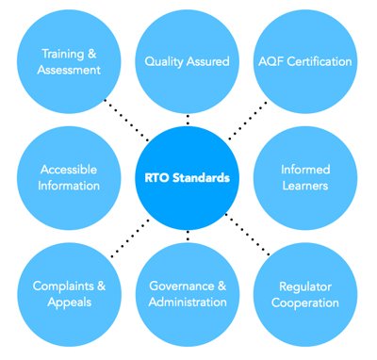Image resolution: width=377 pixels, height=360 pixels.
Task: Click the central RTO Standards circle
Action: click(x=188, y=178)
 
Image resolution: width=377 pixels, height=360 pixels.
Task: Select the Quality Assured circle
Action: click(x=188, y=61)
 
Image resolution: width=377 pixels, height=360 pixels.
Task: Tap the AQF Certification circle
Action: click(x=305, y=61)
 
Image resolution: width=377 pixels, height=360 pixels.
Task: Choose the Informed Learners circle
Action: click(x=305, y=178)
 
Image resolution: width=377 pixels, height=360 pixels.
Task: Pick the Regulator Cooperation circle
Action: click(x=305, y=295)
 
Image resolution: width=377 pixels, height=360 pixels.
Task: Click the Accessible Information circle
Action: click(x=69, y=178)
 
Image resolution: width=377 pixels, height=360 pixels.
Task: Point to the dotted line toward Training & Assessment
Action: click(x=126, y=121)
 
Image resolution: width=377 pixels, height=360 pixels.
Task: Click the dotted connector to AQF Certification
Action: click(x=248, y=121)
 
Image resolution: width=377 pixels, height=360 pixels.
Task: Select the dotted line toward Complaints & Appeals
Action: click(x=130, y=238)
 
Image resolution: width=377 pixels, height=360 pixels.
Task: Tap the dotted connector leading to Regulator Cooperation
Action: click(x=248, y=235)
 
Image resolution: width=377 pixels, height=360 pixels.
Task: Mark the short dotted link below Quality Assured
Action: click(x=188, y=120)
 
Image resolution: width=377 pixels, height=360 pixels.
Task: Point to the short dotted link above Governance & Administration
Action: click(x=188, y=236)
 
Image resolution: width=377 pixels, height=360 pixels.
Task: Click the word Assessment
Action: click(x=69, y=70)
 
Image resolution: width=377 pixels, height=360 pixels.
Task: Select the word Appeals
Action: click(x=70, y=303)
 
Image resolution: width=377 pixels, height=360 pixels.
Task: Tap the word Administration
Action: click(x=188, y=303)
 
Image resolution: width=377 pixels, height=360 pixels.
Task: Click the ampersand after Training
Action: click(x=92, y=54)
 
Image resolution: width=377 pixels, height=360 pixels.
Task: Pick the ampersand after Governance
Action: click(x=221, y=286)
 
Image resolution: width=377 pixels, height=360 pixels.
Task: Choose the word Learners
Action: click(x=305, y=186)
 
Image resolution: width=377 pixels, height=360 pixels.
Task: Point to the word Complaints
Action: click(x=63, y=286)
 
